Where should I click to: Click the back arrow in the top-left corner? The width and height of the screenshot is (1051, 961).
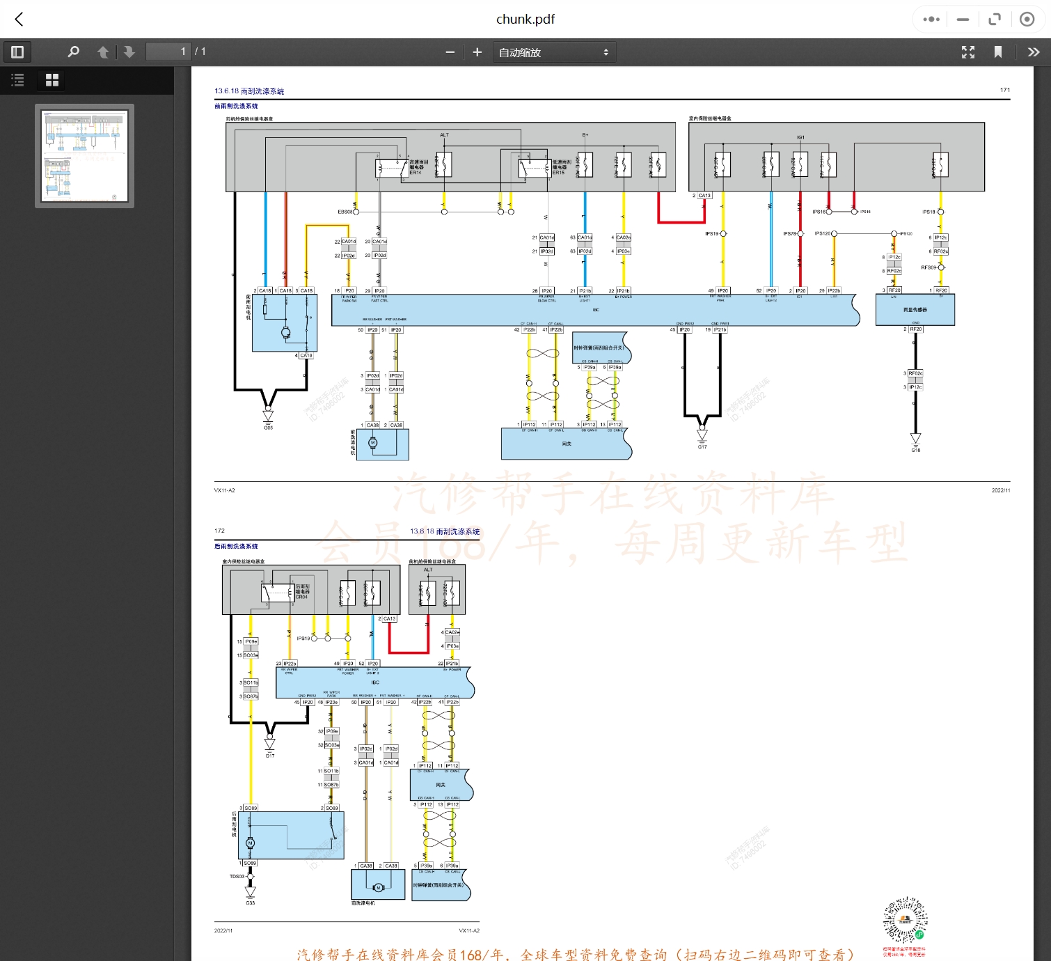[19, 19]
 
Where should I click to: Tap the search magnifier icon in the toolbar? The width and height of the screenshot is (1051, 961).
[73, 52]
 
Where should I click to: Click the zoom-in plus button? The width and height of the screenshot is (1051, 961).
[477, 52]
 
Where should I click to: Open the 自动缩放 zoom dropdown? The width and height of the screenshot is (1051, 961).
[554, 52]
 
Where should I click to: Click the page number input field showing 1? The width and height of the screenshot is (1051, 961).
[168, 52]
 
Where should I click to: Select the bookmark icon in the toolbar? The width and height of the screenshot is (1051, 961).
[997, 52]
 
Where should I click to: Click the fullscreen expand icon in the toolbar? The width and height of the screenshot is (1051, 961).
[967, 52]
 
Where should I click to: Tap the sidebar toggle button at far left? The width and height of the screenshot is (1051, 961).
[17, 52]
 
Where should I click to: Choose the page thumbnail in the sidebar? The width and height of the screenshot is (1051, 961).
[85, 156]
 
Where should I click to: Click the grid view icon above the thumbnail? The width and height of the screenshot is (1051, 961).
[52, 80]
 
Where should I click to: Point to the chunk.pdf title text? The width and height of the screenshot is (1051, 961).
[525, 19]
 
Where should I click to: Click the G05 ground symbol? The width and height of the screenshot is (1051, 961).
[268, 416]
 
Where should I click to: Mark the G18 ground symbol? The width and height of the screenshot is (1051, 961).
[915, 439]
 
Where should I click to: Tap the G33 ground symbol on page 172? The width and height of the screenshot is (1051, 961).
[251, 892]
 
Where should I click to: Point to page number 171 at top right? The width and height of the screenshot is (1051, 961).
[1004, 90]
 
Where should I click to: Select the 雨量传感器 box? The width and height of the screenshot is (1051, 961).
[915, 309]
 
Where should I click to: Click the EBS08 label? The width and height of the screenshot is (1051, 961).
[345, 212]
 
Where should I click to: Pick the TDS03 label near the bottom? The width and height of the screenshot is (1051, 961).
[237, 877]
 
